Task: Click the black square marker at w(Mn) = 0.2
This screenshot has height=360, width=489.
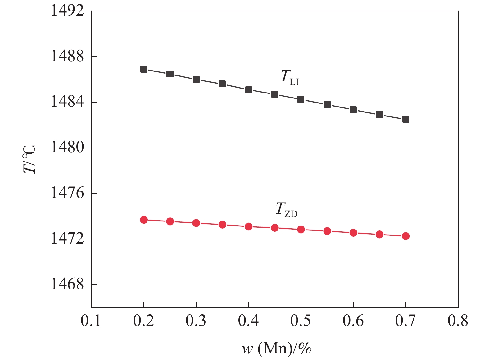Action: click(x=144, y=69)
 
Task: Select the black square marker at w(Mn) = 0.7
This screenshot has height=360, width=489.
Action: click(x=406, y=119)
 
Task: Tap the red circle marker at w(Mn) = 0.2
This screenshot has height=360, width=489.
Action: click(x=144, y=220)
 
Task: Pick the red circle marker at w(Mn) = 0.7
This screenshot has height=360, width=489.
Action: click(x=406, y=236)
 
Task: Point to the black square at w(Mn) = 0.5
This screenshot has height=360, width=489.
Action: click(x=301, y=99)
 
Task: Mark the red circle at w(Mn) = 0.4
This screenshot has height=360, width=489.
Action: click(x=248, y=226)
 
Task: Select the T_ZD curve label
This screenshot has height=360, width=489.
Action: click(x=287, y=209)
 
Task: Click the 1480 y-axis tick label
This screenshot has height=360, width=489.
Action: click(x=67, y=148)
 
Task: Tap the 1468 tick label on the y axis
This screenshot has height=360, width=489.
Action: click(x=67, y=285)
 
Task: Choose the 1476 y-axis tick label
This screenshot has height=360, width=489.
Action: click(x=67, y=193)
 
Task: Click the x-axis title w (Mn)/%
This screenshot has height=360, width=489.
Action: click(x=277, y=349)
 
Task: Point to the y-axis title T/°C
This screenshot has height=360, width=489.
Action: click(x=30, y=159)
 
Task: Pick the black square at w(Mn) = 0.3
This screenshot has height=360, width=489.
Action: click(x=196, y=80)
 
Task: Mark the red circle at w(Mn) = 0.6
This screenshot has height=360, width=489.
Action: click(x=353, y=233)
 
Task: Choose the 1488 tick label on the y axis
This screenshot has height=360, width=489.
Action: click(x=67, y=57)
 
